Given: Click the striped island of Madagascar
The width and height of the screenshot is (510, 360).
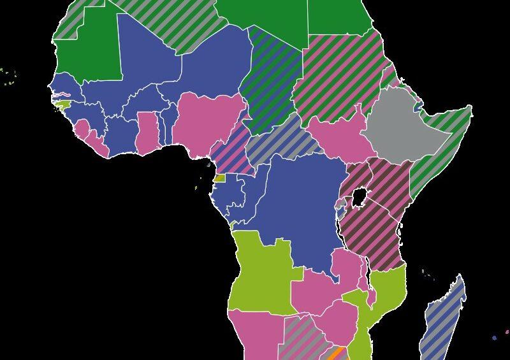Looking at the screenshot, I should [444, 319].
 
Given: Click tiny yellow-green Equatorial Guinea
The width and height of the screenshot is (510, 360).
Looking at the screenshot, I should [219, 178].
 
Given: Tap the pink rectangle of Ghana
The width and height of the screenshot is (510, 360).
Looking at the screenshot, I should [147, 131].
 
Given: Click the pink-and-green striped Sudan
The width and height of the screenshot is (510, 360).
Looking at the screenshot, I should [338, 76].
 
